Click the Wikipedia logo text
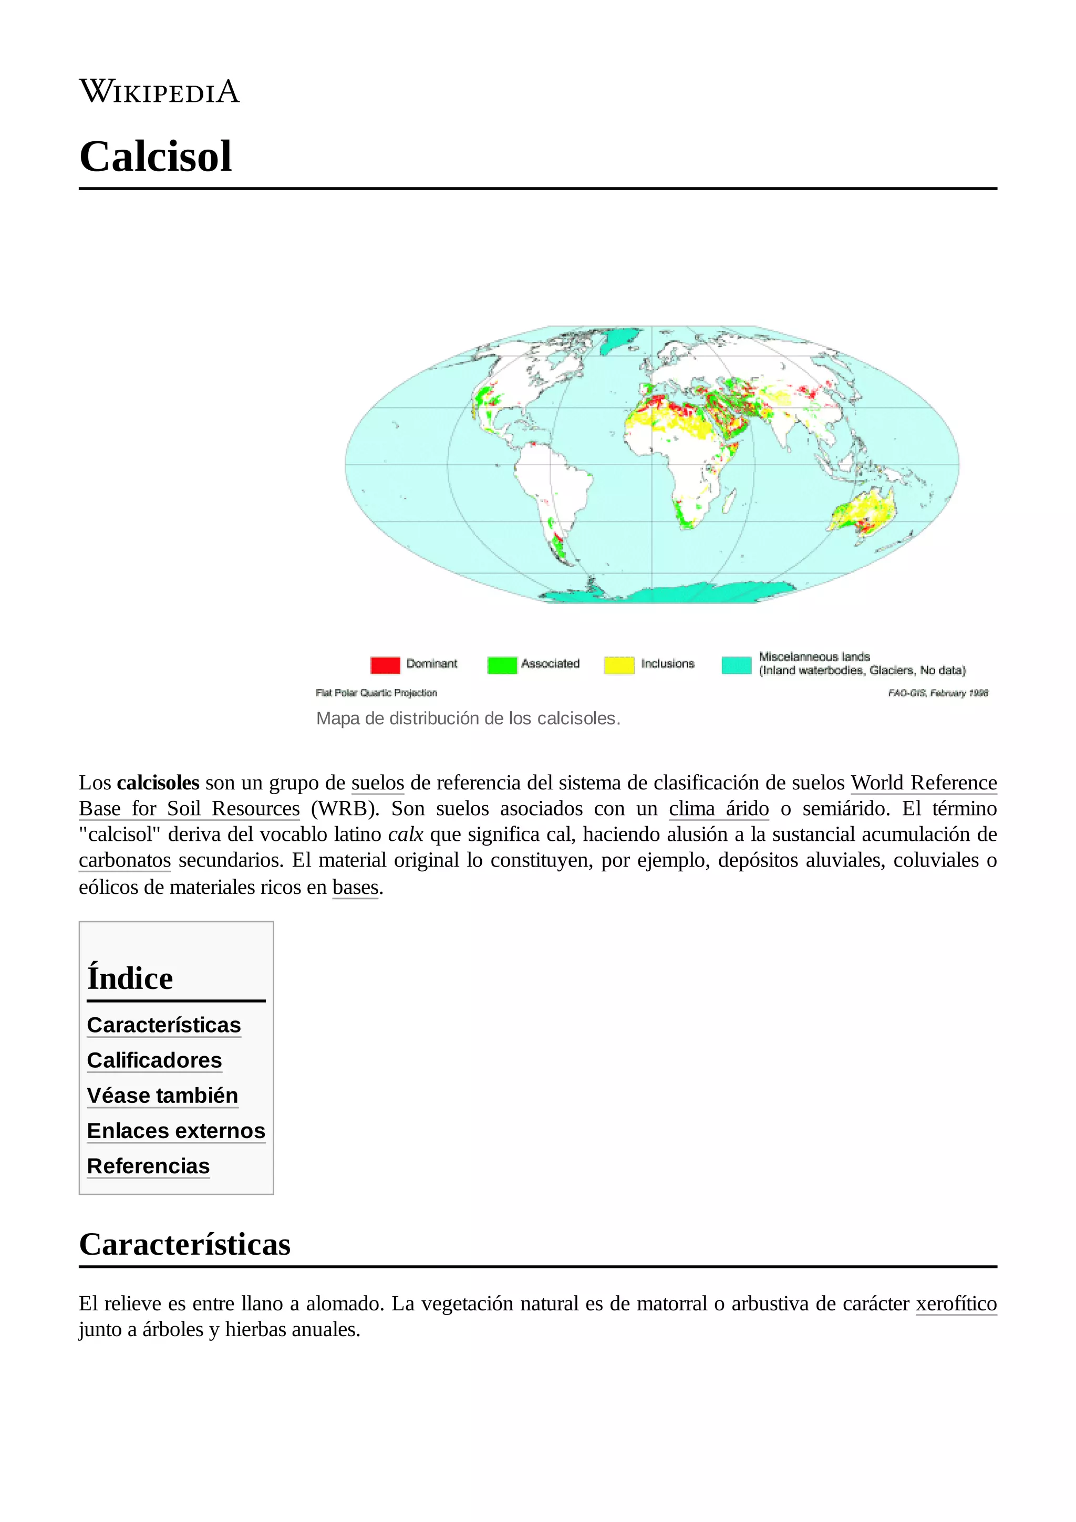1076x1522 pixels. coord(159,91)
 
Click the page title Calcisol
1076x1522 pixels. coord(156,157)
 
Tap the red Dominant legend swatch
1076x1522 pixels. coord(385,664)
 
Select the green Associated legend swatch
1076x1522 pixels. coord(502,664)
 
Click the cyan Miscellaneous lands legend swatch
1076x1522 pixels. coord(736,664)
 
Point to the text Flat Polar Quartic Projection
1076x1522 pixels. coord(376,693)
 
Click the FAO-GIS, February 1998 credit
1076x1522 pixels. coord(937,693)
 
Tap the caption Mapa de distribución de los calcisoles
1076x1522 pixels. coord(468,718)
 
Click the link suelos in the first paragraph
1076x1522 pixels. coord(377,783)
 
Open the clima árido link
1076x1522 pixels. coord(719,809)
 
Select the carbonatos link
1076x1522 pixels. coord(125,860)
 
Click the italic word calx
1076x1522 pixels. coord(405,835)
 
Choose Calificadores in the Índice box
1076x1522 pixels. coord(154,1061)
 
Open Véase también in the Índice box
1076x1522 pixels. coord(162,1096)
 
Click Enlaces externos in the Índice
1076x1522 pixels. coord(175,1131)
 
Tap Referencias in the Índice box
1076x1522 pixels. coord(149,1166)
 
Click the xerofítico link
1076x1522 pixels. coord(956,1304)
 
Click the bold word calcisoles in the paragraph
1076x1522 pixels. coord(158,783)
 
